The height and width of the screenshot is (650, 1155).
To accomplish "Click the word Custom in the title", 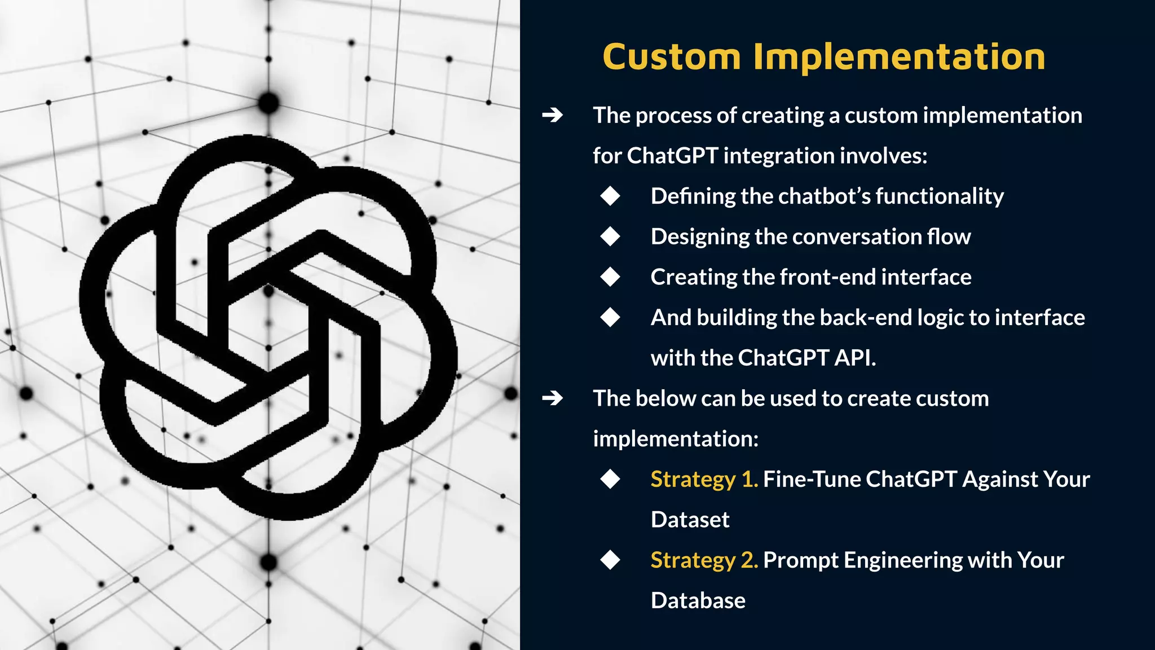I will tap(671, 57).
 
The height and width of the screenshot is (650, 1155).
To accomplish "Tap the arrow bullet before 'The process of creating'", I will tap(552, 116).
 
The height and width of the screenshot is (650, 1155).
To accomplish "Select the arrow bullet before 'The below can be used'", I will tap(552, 398).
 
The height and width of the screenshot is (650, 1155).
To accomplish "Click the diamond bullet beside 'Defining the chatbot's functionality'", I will tap(610, 196).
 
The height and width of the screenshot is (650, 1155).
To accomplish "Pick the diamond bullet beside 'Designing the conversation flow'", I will tap(610, 236).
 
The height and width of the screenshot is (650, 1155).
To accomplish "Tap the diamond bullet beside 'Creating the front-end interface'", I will tap(610, 277).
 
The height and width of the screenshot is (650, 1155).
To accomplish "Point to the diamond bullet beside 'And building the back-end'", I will tap(610, 317).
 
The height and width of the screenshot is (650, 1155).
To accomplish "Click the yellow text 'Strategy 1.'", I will tap(704, 480).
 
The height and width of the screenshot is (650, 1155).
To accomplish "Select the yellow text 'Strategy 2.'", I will tap(704, 560).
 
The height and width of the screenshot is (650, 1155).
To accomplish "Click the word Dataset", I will tap(690, 520).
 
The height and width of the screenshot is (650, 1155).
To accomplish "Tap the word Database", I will tap(698, 601).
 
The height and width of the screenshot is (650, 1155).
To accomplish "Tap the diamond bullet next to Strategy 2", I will tap(610, 560).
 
